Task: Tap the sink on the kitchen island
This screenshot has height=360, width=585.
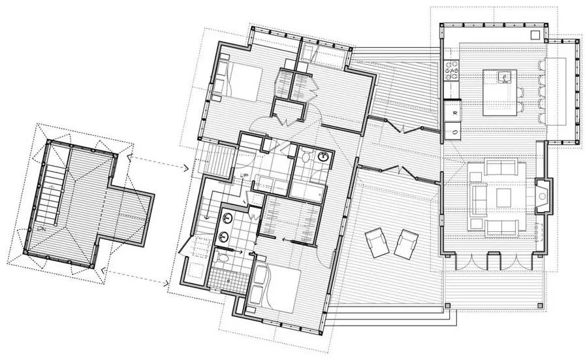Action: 505,77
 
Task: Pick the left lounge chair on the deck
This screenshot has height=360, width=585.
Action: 377,244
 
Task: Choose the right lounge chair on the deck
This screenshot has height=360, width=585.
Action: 407,244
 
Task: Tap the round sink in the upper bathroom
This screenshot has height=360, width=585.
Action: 324,156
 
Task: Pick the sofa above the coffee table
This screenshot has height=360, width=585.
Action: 501,168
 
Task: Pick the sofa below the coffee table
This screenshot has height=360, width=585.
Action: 501,227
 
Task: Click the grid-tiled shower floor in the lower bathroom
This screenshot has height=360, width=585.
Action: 228,281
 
